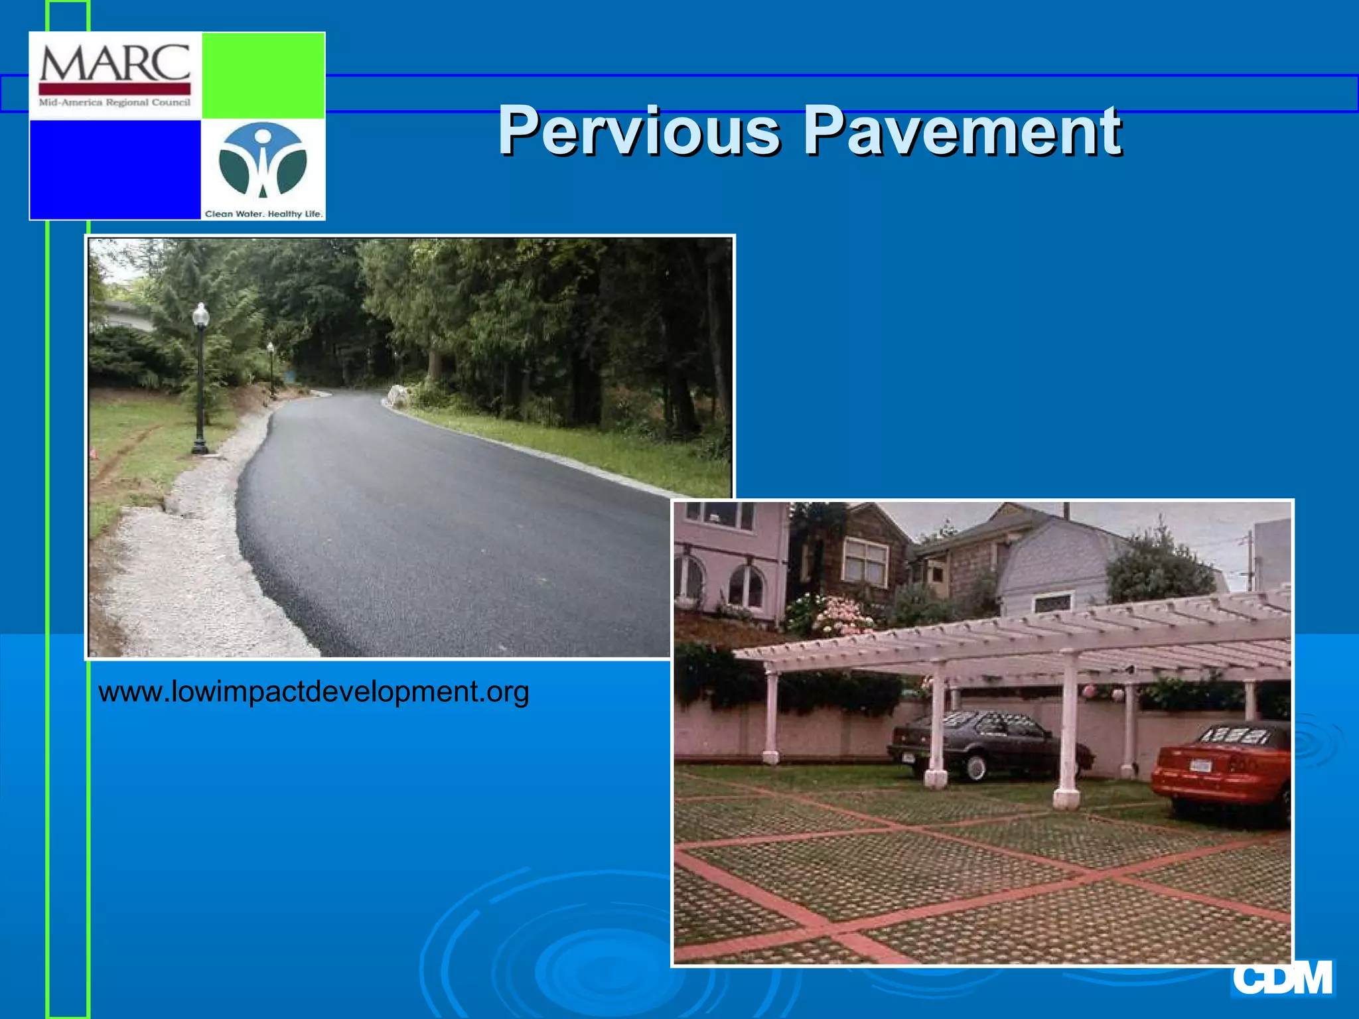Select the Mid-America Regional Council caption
(x=115, y=103)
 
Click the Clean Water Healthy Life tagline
(x=263, y=214)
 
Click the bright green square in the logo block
(x=263, y=74)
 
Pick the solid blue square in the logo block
(x=115, y=169)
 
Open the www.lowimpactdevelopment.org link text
(x=313, y=692)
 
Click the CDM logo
(x=1282, y=978)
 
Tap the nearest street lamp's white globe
(x=200, y=314)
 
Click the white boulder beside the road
(x=399, y=396)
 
